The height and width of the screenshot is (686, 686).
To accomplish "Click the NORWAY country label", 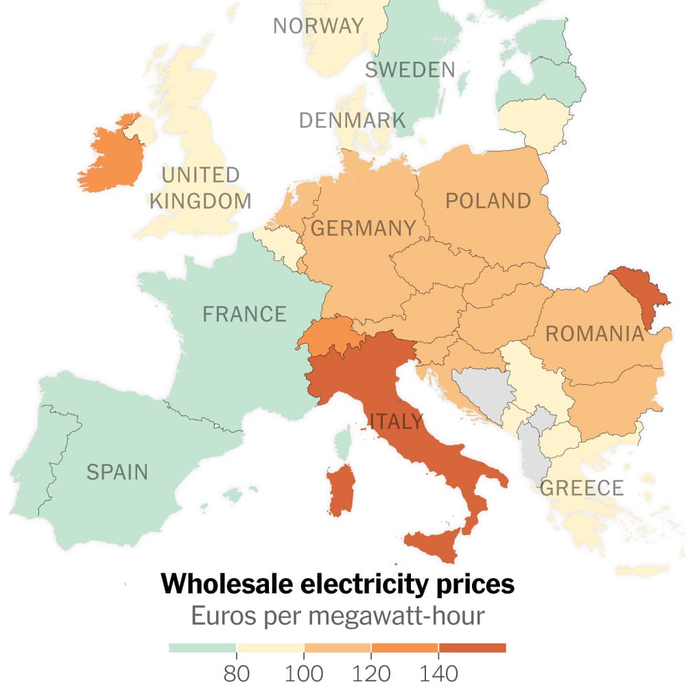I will point(318,26).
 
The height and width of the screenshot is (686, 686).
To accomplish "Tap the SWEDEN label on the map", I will point(410,69).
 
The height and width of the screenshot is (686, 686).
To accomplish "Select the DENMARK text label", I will point(352,121).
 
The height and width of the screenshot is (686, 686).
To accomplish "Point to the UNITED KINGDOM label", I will point(200,188).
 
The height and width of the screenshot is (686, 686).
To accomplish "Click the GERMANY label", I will point(364,228).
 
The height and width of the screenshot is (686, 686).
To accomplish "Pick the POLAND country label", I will point(488,201).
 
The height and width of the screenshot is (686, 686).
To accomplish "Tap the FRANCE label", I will point(244,314).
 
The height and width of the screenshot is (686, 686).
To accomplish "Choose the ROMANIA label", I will point(594,334).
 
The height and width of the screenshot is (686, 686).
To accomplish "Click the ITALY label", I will point(396,421).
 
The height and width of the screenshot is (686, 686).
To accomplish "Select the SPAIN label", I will point(117,472).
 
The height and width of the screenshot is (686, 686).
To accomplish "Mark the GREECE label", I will point(582,488).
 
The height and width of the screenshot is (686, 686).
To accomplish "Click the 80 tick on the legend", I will point(236,672).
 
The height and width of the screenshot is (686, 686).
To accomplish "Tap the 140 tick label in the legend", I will point(438,672).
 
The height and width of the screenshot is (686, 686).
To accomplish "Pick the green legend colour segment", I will point(202,648).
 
